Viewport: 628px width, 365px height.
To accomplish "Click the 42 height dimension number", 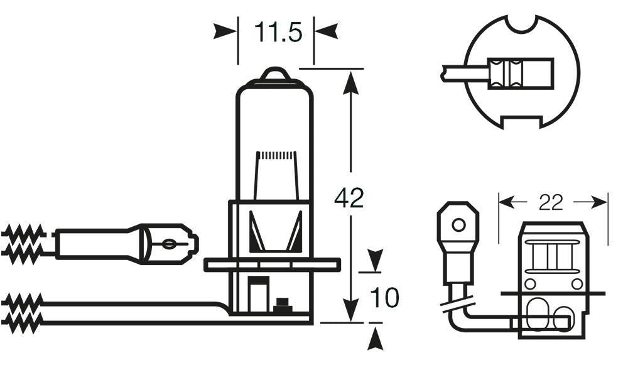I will coord(349,199).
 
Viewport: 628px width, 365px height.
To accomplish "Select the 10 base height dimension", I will coord(384,298).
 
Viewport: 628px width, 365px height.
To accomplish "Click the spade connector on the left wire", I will coord(173,242).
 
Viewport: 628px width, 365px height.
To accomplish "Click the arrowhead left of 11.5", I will coord(224,31).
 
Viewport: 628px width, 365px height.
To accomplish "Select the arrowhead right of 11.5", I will coord(328,31).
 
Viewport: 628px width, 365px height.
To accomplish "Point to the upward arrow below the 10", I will coord(376,339).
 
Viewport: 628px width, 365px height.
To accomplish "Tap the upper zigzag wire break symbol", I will coord(23,241).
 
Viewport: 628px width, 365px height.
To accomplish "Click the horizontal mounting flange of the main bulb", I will coord(273,266).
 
